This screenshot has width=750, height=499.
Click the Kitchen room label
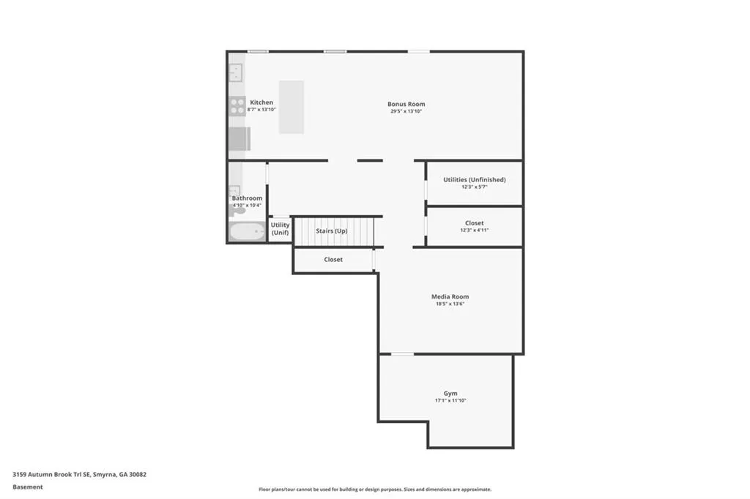click(261, 102)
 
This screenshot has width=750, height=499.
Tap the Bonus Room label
click(406, 104)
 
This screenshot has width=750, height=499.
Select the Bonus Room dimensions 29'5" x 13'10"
click(406, 111)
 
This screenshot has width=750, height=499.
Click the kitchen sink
click(235, 73)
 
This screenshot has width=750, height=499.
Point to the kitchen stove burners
click(237, 106)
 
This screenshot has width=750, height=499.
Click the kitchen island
click(292, 107)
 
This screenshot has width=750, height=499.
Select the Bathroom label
click(247, 198)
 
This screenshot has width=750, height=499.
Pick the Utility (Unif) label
click(281, 228)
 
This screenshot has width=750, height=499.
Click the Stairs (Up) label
click(332, 231)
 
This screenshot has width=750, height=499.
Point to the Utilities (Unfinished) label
click(475, 180)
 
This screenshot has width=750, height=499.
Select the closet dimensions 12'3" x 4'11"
click(475, 230)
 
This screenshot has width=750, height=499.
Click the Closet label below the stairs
click(333, 260)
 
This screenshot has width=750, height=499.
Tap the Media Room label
click(450, 296)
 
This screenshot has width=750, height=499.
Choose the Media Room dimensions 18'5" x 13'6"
click(450, 304)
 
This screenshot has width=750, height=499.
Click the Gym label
click(450, 394)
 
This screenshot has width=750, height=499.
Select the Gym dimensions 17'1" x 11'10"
click(450, 400)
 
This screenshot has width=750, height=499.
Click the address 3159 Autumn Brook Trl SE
click(51, 475)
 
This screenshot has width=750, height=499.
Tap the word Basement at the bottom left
click(28, 487)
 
